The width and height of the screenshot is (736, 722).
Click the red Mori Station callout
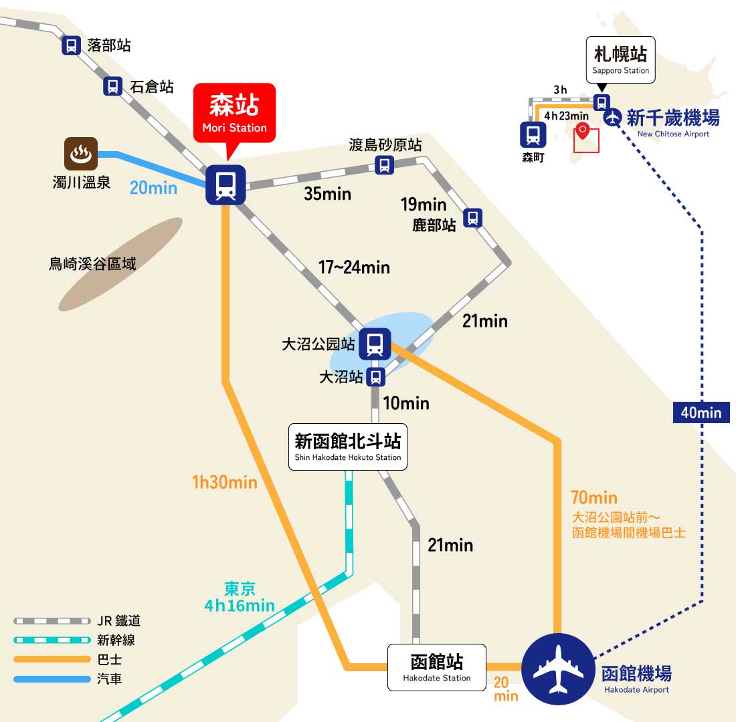click(234, 113)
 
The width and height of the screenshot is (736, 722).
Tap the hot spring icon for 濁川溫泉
click(81, 153)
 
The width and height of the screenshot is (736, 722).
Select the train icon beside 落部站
click(72, 45)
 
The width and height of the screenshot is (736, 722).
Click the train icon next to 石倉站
click(112, 86)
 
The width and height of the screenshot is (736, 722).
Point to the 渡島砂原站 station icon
click(385, 165)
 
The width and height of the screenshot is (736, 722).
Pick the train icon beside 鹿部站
click(472, 218)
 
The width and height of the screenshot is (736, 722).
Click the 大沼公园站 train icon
click(375, 344)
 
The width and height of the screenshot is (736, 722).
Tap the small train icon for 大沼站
click(375, 377)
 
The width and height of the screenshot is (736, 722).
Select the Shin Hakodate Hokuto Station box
click(348, 447)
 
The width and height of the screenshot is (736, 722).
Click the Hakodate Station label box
click(436, 667)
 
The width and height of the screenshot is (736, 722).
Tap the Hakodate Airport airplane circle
click(558, 669)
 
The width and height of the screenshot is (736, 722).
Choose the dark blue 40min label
click(701, 412)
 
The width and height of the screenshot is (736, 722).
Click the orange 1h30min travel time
click(225, 482)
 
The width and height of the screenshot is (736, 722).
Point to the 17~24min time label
click(355, 267)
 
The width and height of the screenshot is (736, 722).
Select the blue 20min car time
click(153, 188)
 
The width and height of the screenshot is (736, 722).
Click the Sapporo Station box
click(620, 59)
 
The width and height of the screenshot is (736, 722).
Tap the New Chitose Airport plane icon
click(612, 117)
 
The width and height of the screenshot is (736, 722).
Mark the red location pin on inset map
click(583, 130)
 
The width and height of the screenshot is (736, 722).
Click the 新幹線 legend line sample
click(52, 640)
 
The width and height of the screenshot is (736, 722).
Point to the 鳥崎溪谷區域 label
click(92, 263)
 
